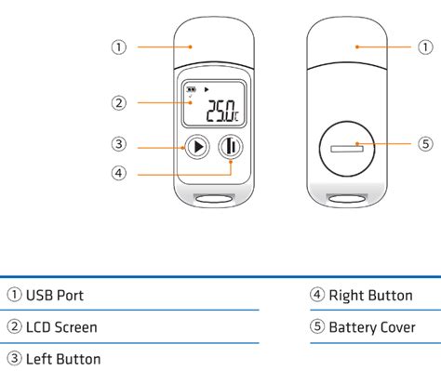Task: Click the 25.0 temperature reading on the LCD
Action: (x=222, y=112)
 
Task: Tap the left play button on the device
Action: (x=196, y=146)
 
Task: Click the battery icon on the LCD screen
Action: (x=192, y=89)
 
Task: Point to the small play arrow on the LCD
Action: (x=207, y=89)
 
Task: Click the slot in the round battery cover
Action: (x=349, y=148)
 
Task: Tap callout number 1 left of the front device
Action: (x=119, y=46)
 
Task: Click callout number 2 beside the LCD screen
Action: (x=119, y=103)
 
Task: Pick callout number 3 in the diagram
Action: (x=119, y=144)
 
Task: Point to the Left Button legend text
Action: (x=62, y=358)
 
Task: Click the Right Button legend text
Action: (x=370, y=296)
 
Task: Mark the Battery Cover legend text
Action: (x=375, y=326)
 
